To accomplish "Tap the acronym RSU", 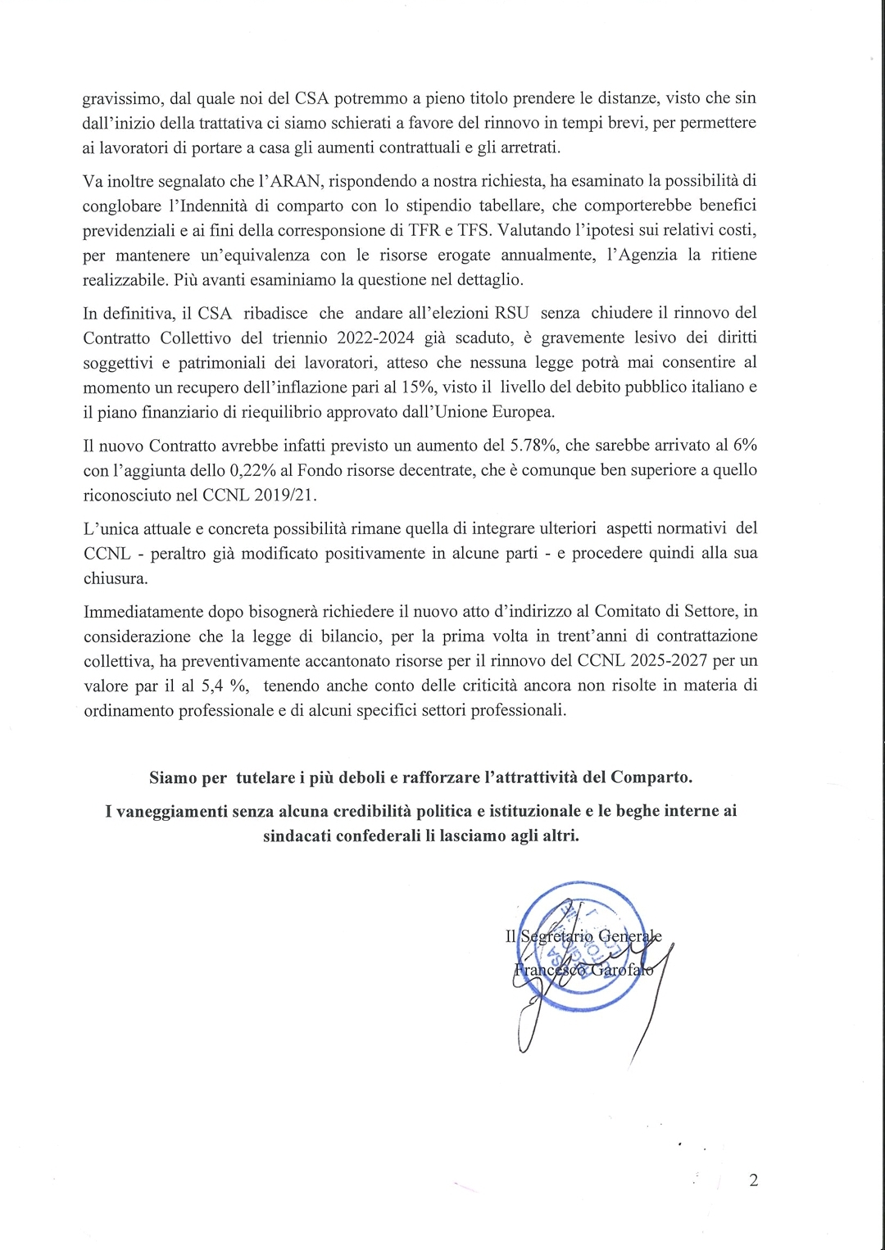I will tap(511, 313).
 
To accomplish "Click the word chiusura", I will tap(116, 578).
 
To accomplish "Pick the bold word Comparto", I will tap(651, 777).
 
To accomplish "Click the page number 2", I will tap(753, 1180).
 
